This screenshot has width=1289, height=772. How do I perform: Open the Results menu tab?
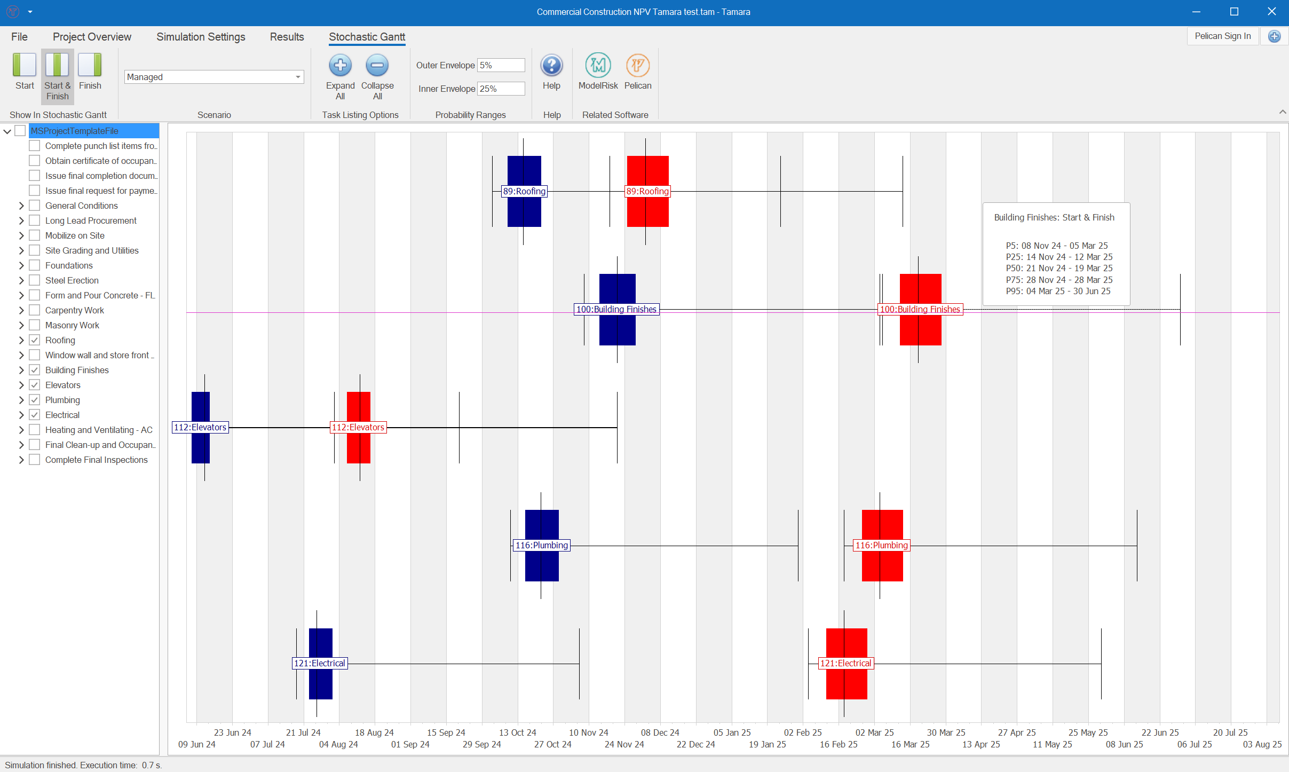(287, 37)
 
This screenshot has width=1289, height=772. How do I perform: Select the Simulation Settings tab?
(201, 37)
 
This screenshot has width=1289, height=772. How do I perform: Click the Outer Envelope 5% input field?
(501, 65)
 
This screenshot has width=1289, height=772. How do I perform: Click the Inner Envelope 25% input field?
(501, 89)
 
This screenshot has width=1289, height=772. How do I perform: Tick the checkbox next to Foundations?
(35, 265)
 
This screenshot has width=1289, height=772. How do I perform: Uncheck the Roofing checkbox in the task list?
(35, 340)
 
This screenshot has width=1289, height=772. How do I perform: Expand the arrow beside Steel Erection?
(21, 280)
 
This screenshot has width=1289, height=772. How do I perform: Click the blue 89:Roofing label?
(524, 191)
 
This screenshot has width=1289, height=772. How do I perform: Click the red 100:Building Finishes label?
(920, 309)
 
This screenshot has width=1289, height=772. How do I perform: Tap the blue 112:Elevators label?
(200, 427)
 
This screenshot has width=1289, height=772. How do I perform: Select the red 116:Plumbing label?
(881, 545)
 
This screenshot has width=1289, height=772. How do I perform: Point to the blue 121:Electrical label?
(320, 663)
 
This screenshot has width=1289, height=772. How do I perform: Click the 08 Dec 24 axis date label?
(660, 732)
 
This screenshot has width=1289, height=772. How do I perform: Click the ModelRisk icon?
(598, 66)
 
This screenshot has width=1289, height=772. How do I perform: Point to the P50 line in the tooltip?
(1059, 268)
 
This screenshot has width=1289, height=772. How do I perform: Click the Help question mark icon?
(551, 66)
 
